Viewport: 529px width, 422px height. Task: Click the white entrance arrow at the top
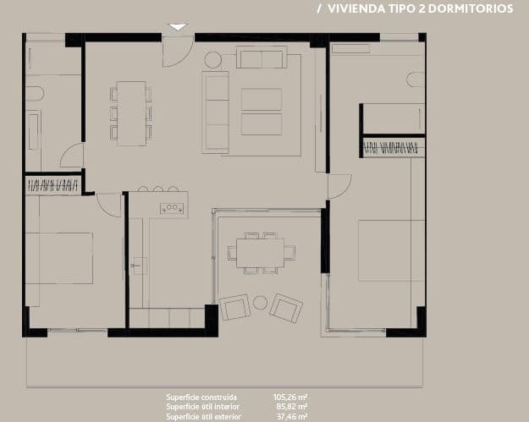coord(177,27)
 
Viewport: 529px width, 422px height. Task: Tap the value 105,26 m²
coord(289,397)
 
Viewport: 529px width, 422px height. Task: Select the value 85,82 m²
coord(289,407)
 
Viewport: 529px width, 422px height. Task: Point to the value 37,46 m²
coord(289,416)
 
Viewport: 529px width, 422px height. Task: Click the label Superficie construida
coord(201,397)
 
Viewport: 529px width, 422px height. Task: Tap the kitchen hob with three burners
coord(172,207)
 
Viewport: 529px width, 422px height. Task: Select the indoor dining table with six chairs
coord(131,113)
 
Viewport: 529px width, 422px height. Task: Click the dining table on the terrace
coord(260,252)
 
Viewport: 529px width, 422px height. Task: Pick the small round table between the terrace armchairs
coord(260,302)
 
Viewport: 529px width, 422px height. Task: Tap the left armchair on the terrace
coord(234,307)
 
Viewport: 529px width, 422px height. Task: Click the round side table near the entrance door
coord(212,59)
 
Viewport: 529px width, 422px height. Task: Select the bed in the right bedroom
coord(388,251)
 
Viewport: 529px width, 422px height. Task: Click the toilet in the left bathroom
coord(34,93)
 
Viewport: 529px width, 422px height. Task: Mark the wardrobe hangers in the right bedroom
coord(391,149)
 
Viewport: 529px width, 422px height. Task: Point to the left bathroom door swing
coord(73,156)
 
